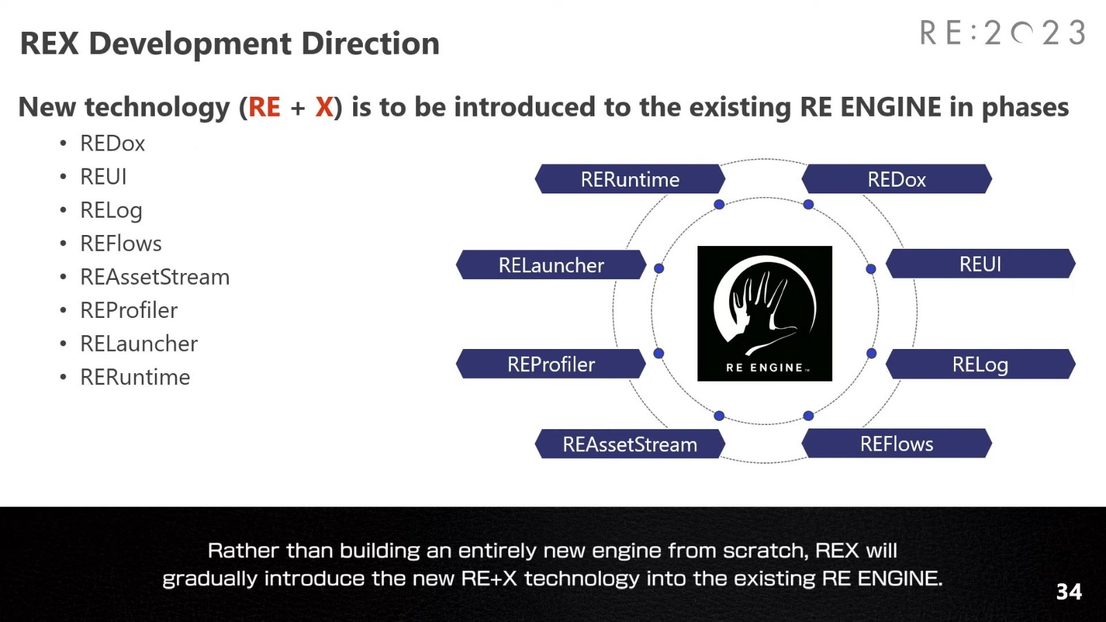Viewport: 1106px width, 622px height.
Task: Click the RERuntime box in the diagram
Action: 630,179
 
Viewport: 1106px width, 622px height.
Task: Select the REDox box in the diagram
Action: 897,179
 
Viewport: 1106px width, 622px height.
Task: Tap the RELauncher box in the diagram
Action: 551,265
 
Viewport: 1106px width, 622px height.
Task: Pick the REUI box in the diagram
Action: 981,263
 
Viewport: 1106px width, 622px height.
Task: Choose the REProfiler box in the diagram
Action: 551,364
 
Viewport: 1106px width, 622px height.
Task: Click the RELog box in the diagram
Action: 981,364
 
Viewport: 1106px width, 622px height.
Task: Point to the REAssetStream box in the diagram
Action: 630,443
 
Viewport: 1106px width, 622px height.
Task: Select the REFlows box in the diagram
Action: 897,443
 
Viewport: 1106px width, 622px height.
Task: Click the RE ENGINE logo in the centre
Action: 765,314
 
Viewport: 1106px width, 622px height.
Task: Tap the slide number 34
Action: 1069,592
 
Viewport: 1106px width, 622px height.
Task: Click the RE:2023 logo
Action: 1003,33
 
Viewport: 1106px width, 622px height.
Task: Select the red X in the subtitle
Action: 324,106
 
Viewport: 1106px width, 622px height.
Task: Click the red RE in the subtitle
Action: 265,106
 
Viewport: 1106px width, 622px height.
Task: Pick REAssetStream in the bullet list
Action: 155,277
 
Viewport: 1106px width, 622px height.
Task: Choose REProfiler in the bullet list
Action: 129,310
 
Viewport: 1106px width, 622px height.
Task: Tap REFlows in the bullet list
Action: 121,243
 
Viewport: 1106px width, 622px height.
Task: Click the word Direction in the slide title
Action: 371,44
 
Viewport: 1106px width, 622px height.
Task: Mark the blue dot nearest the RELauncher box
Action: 659,268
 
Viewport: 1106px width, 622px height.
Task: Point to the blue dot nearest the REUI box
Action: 871,269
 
